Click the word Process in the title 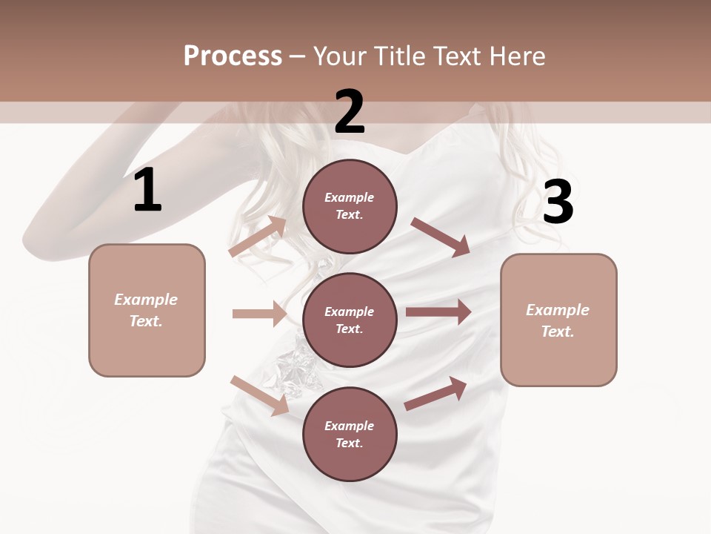(233, 56)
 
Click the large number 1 (147, 191)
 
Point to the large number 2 (350, 112)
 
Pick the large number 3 (558, 202)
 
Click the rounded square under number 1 (147, 310)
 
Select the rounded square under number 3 (558, 320)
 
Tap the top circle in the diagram (350, 206)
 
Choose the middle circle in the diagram (350, 320)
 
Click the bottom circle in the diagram (350, 434)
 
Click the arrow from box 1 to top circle (258, 237)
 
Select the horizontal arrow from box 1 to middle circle (259, 314)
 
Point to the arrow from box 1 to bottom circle (259, 395)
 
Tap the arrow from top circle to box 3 (441, 237)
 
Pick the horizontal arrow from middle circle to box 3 (438, 312)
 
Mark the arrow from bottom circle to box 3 (435, 394)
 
